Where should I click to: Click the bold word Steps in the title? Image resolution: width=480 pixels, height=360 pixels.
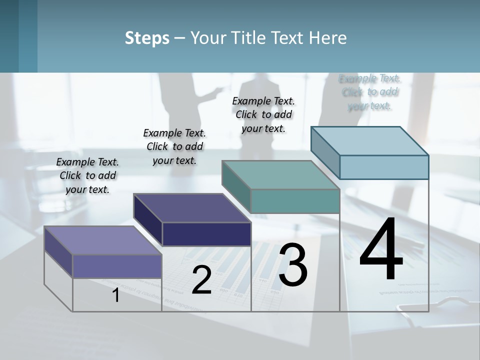tap(147, 38)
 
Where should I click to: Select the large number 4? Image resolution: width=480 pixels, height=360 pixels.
tap(381, 249)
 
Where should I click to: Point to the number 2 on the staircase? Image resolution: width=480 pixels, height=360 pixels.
tap(201, 280)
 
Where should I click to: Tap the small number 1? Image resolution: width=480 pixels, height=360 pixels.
tap(115, 295)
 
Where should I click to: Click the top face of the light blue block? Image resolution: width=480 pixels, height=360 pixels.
tap(370, 141)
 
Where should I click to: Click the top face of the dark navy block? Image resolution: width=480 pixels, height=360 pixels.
tap(192, 208)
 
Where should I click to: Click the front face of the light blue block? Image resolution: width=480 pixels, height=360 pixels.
tap(384, 167)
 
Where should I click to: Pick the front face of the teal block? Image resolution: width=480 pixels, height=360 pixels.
tap(295, 201)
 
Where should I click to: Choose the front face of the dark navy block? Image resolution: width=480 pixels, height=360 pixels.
tap(206, 234)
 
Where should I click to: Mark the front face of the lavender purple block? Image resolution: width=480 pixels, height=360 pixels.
tap(117, 266)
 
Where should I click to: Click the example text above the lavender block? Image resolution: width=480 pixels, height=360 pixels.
tap(88, 175)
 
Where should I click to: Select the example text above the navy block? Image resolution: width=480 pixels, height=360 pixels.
tap(174, 146)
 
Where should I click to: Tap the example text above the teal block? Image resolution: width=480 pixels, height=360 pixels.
tap(263, 114)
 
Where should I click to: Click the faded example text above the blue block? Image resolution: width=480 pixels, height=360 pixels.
tap(370, 92)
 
